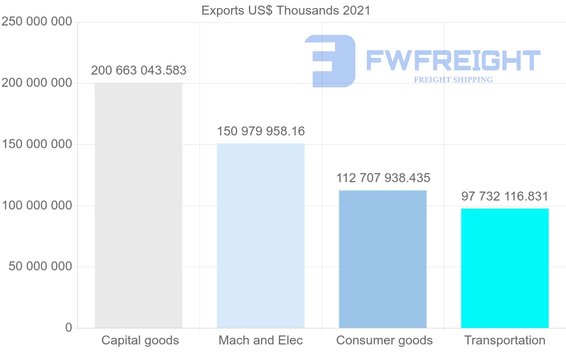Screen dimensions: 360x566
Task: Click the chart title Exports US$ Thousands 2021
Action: tap(286, 10)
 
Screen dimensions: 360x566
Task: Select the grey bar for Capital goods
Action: tap(138, 205)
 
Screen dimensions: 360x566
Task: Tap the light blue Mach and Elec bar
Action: tap(260, 235)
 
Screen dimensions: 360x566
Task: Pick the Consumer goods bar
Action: tap(383, 259)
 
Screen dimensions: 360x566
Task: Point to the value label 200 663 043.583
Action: tap(139, 71)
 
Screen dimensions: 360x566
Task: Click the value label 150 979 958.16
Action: tap(261, 131)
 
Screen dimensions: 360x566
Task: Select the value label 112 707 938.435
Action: tap(383, 178)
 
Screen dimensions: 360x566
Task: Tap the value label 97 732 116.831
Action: tap(505, 196)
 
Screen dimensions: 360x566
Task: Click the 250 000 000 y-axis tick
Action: tap(37, 22)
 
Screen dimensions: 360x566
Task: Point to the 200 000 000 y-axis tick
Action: tap(37, 83)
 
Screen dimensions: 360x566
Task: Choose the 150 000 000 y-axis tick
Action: tap(37, 144)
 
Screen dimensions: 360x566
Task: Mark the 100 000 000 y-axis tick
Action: tap(37, 206)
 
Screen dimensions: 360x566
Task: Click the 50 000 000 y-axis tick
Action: tap(41, 267)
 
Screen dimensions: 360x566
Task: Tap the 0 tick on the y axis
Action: tap(69, 327)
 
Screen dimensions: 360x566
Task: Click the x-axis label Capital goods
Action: tap(140, 340)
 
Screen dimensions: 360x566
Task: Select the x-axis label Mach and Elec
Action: tap(260, 340)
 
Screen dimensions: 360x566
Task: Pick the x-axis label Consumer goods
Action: tap(384, 340)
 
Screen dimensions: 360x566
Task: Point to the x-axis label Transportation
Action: tap(505, 340)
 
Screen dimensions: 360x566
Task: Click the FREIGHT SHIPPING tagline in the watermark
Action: tap(453, 80)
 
